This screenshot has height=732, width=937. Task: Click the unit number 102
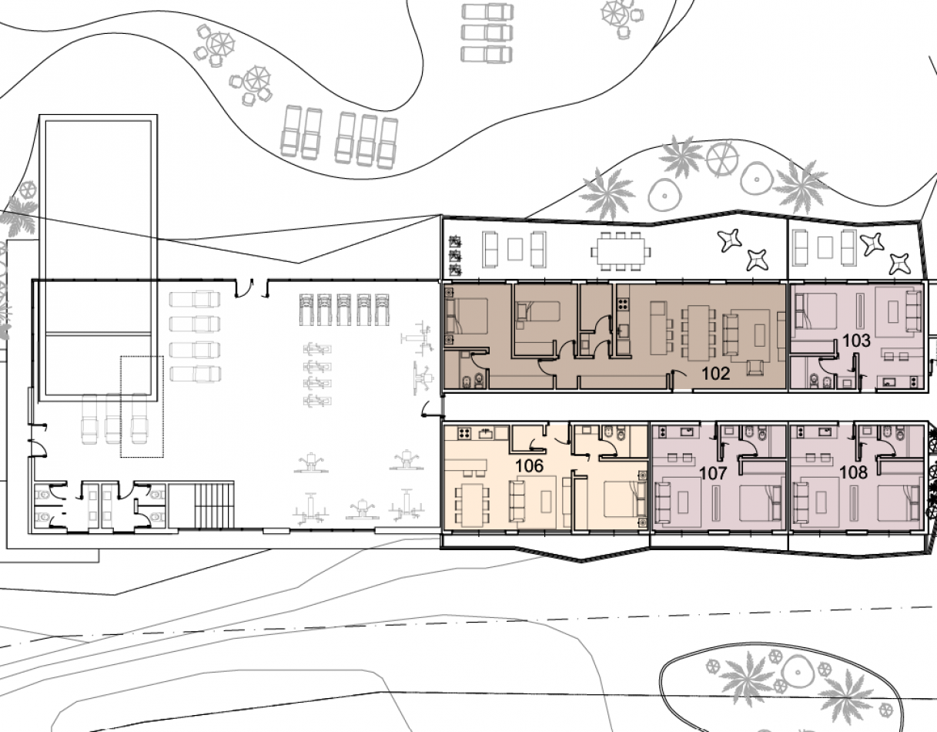pos(716,374)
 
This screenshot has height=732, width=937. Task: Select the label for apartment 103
pos(856,341)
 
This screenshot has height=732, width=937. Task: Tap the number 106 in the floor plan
pos(530,465)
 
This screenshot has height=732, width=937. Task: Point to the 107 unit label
pos(714,473)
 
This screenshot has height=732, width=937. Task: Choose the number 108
pos(854,472)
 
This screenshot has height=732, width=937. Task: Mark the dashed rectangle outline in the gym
pos(142,406)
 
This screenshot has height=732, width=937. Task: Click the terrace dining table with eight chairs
pos(621,251)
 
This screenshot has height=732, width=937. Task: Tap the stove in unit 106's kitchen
pos(463,434)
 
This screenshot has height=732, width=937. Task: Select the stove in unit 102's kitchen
pos(623,304)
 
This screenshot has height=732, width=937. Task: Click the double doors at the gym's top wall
pos(252,287)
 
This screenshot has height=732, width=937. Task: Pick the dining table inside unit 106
pos(473,505)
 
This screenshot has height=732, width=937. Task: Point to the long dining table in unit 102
pos(698,333)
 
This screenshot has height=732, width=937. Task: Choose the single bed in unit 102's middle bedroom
pos(537,311)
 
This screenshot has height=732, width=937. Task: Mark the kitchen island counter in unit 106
pos(466,466)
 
